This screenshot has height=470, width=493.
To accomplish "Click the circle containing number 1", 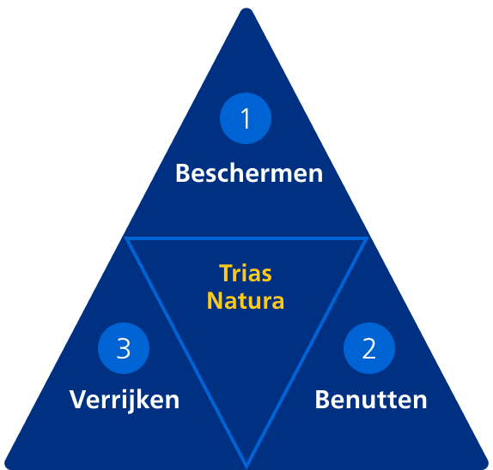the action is click(x=246, y=118).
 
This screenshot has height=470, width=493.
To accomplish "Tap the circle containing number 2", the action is click(x=369, y=348).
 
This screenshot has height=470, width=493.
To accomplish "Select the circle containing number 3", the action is click(x=124, y=348).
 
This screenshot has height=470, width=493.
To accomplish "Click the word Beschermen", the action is click(x=249, y=173).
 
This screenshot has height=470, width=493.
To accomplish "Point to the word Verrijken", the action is click(x=125, y=401).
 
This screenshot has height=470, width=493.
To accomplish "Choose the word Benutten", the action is click(x=371, y=400).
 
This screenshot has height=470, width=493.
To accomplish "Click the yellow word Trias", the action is click(x=246, y=274).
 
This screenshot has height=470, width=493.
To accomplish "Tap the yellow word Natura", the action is click(x=246, y=301).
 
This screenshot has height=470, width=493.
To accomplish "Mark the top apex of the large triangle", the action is click(x=246, y=9).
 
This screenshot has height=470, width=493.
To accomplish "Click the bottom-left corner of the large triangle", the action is click(x=6, y=467).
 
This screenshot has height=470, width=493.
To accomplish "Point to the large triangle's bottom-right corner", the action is click(x=487, y=467).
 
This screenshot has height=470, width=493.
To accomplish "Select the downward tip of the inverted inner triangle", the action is click(x=246, y=467).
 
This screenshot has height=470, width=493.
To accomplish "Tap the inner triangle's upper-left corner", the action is click(x=125, y=238).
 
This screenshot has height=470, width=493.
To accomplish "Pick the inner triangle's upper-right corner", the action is click(x=368, y=238).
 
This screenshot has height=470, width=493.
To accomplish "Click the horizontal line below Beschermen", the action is click(x=246, y=238).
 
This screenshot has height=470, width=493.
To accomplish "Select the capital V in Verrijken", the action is click(x=79, y=400).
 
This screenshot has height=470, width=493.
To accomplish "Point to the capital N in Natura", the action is click(x=215, y=301).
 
